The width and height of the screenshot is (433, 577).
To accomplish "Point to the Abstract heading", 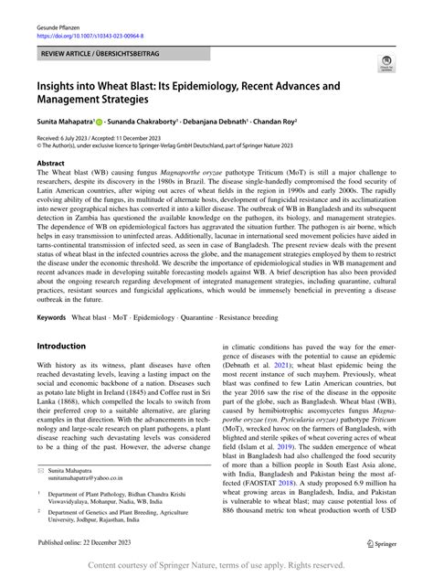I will [x=50, y=162].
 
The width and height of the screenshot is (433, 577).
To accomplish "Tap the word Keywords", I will [x=52, y=292].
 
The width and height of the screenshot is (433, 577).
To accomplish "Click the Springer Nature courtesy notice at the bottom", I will [x=216, y=566].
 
